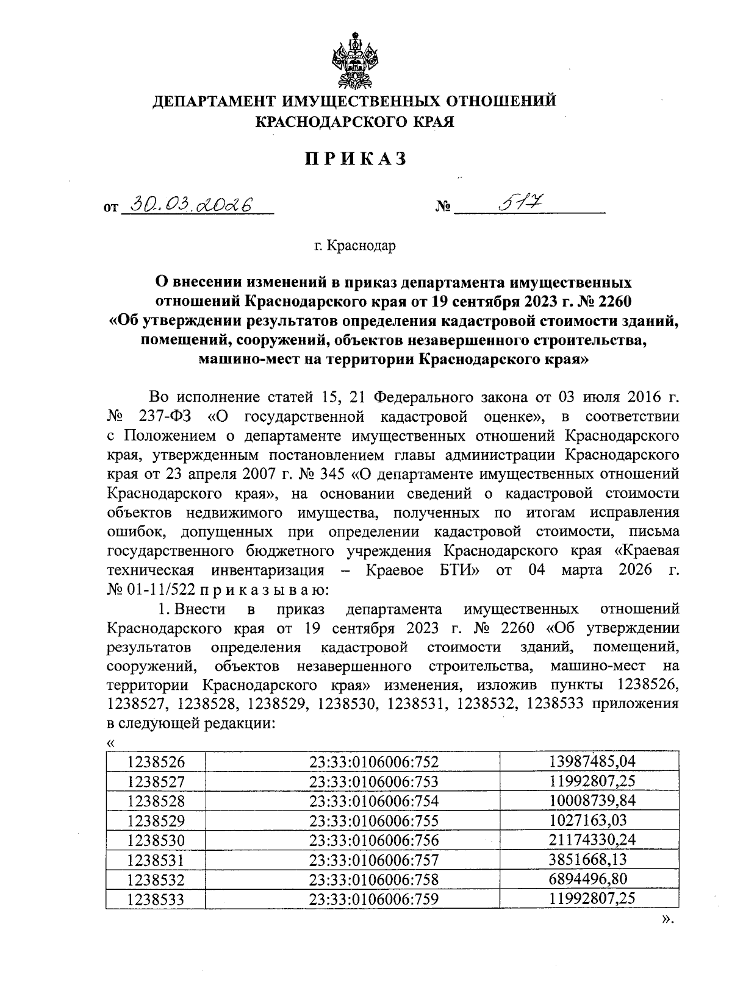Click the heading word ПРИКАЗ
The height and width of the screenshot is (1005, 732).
coord(355,159)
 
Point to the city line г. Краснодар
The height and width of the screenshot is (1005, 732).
coord(355,246)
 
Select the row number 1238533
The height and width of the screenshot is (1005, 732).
coord(156,899)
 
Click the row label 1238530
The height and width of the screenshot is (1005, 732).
coord(156,840)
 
